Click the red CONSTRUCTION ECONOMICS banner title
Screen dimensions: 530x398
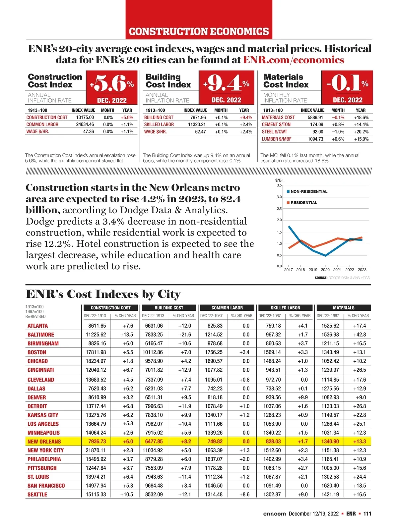coord(199,31)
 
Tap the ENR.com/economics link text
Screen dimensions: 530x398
coord(294,60)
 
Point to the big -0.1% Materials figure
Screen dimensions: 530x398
coord(347,83)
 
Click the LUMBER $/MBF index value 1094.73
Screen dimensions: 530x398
coord(315,139)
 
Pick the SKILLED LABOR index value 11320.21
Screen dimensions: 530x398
coord(197,125)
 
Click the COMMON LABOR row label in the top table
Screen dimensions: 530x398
coord(42,125)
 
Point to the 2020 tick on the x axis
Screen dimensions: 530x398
coord(325,270)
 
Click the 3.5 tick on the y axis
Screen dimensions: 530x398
coord(279,185)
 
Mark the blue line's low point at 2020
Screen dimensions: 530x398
coord(325,255)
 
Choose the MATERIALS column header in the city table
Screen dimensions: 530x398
coord(344,308)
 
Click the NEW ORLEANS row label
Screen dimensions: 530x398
coord(44,442)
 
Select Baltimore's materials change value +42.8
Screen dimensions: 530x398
coord(360,335)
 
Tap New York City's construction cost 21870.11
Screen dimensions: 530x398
coord(96,450)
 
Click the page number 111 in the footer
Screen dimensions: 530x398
coord(367,514)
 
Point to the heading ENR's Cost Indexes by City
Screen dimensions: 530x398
coord(103,294)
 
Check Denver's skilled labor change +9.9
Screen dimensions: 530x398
coord(302,397)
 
